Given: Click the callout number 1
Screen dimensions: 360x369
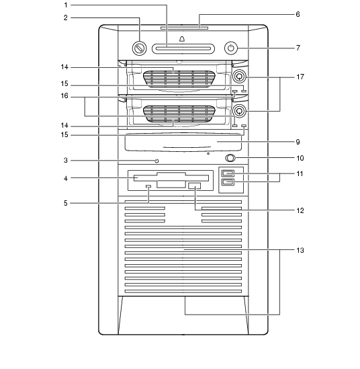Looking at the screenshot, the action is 66,5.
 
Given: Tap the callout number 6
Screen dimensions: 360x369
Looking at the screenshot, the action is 298,14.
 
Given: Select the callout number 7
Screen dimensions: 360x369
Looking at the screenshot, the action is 298,48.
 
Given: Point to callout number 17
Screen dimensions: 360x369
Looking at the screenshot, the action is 300,77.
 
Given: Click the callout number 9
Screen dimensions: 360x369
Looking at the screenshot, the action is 298,142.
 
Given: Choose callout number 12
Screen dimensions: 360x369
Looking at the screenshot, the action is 300,210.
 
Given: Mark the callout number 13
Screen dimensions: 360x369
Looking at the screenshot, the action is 300,250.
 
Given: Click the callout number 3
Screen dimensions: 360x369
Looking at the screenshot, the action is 66,161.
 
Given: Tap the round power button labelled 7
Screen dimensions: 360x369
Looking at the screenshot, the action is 231,48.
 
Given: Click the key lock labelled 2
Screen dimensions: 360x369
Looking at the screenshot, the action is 139,48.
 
